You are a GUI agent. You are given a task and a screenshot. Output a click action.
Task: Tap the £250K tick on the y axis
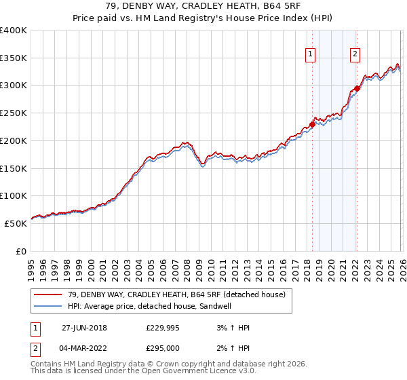tap(14, 113)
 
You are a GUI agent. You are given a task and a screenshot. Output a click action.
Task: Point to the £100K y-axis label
tap(14, 195)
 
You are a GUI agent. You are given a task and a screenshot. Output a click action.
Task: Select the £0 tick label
tap(20, 251)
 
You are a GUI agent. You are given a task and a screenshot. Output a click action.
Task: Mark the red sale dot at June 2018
tap(312, 124)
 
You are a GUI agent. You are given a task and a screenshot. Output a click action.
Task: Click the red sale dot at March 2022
tap(357, 88)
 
